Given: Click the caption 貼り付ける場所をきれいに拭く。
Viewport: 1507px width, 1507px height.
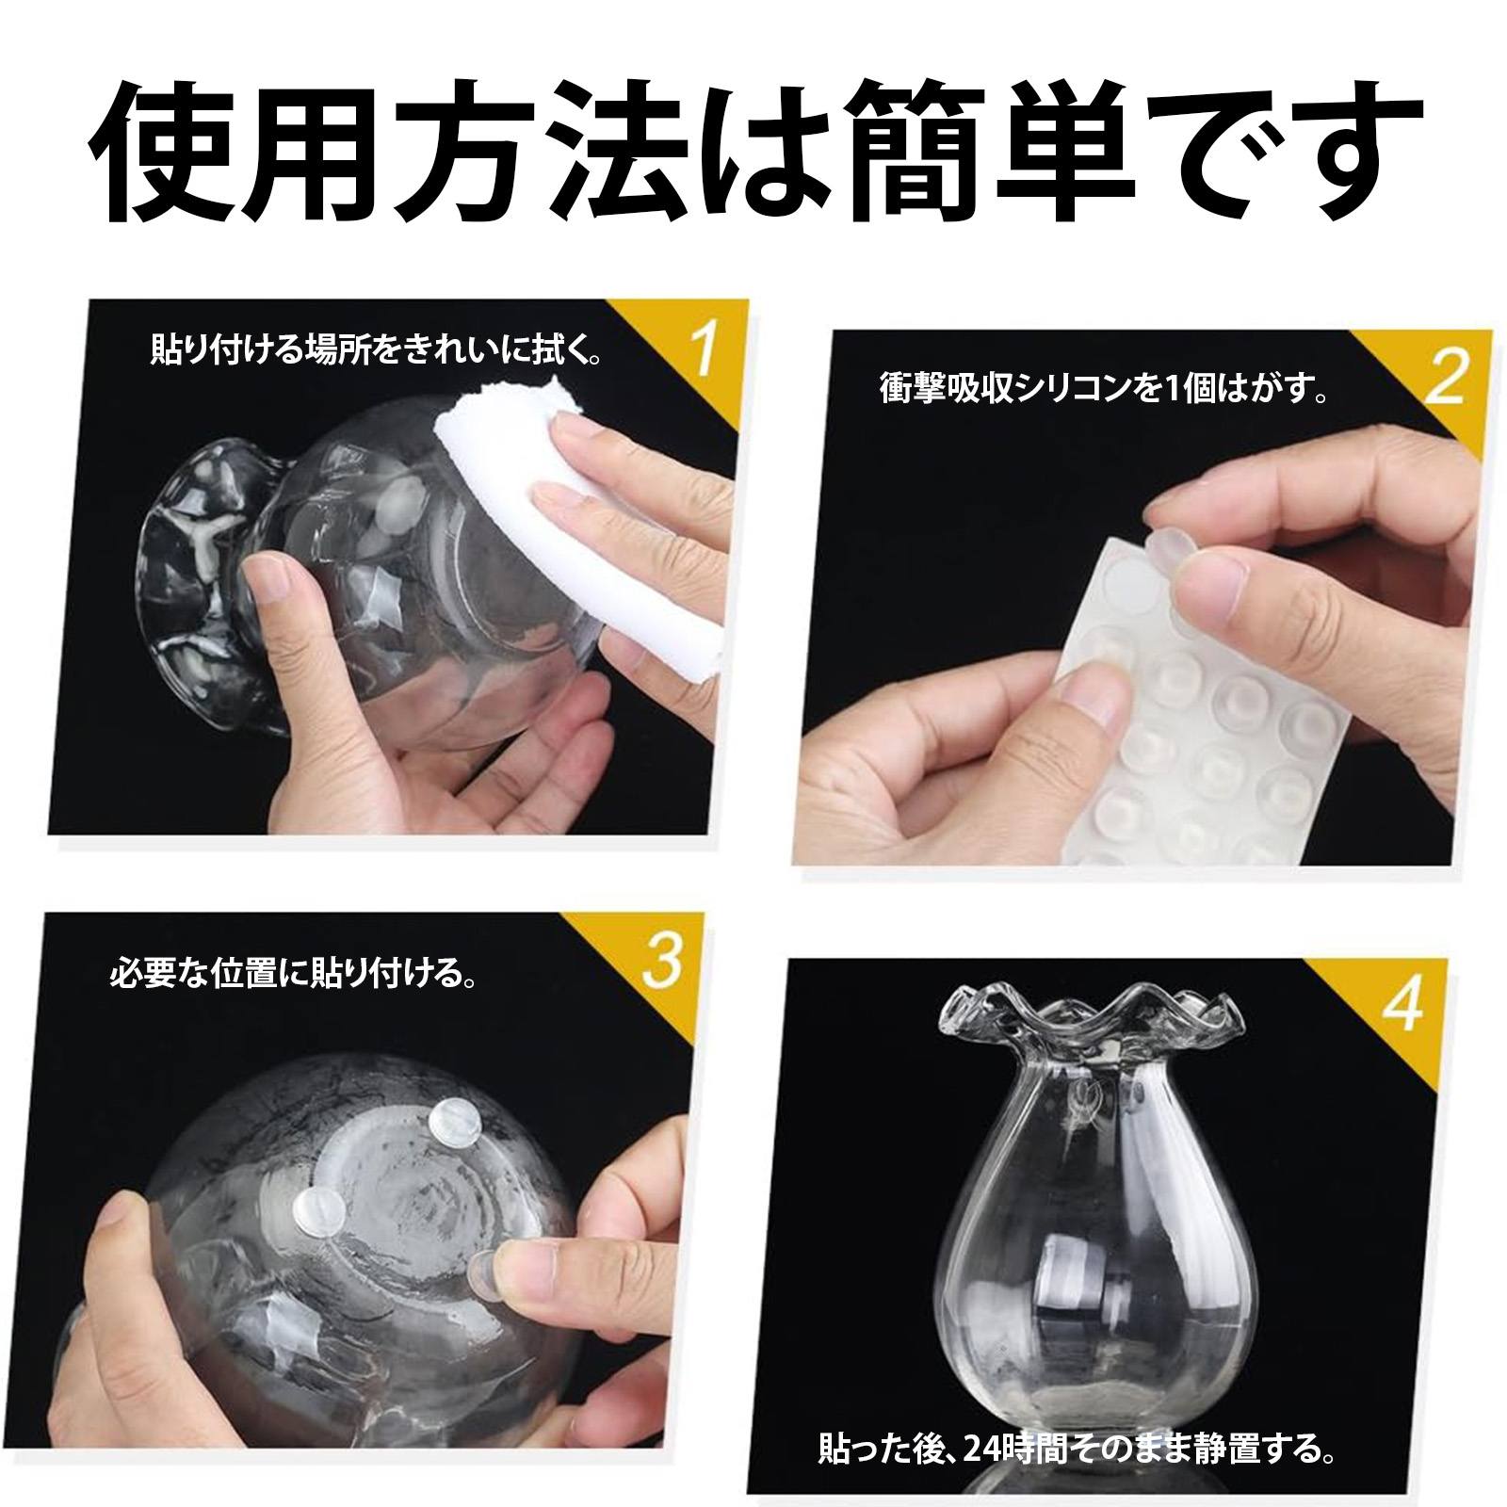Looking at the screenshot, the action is (377, 352).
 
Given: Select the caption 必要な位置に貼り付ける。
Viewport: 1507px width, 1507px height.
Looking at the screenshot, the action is (293, 971).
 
